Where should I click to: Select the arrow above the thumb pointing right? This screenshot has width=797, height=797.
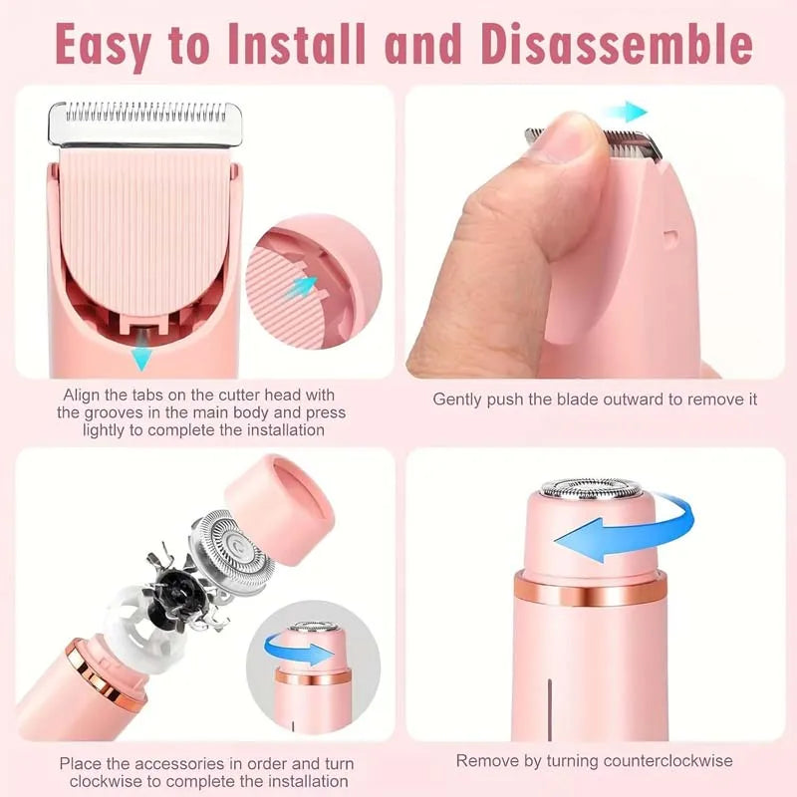pos(626,113)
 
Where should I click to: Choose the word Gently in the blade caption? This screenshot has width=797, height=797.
pos(459,398)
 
